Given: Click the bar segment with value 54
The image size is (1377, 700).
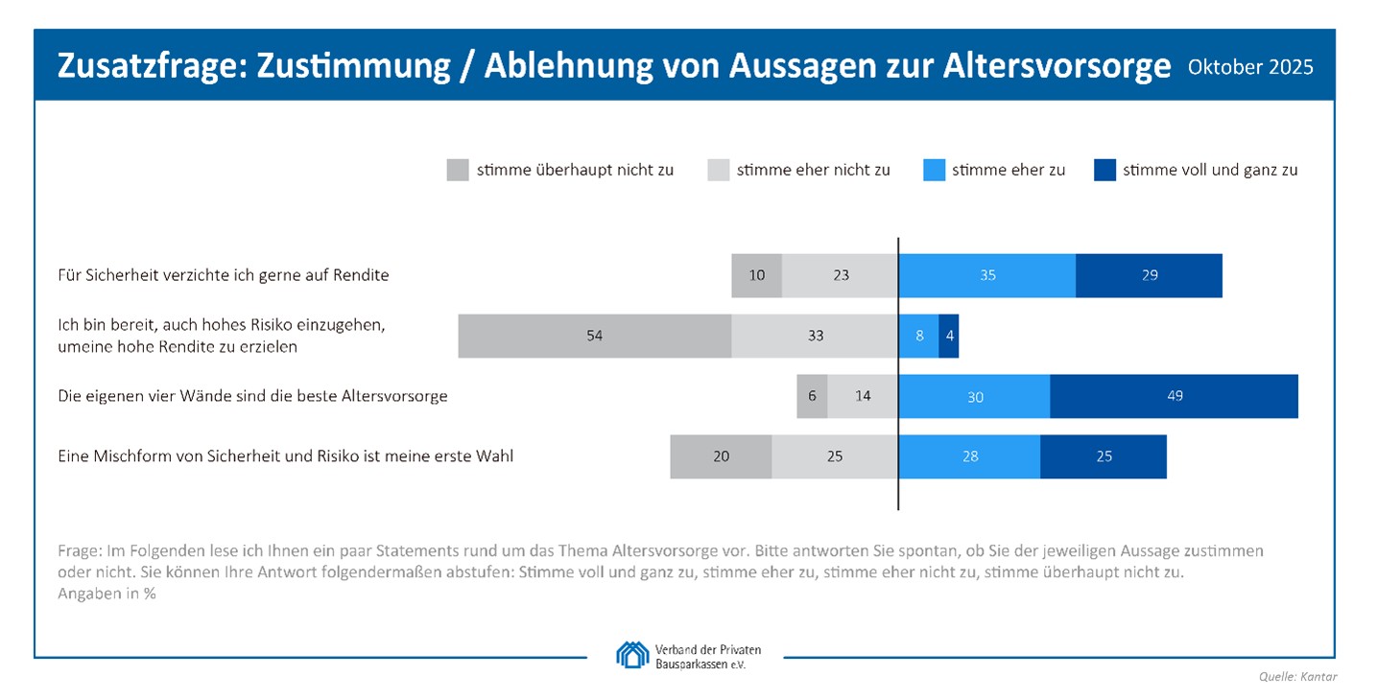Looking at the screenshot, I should point(594,336).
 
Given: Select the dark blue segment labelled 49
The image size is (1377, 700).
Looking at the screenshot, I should point(1174,396).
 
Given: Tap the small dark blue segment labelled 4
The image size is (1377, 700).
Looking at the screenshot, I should point(948,336).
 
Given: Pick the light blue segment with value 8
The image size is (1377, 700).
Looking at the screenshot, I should point(918,336).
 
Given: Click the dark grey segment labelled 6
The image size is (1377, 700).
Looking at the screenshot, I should point(812,396).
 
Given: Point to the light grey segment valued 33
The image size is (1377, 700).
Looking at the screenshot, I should point(815,336).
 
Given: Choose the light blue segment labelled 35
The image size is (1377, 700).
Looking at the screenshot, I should point(986,275).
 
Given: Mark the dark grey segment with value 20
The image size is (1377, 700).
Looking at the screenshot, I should point(721,456).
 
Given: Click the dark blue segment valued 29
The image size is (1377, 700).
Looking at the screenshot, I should point(1149,275).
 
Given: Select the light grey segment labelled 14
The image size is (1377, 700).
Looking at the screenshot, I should point(863,396).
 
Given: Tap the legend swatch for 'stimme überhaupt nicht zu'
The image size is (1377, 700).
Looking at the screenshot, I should point(458,170).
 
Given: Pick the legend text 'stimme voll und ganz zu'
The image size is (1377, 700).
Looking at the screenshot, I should point(1210,170).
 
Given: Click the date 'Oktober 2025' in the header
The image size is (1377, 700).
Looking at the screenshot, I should point(1250,67).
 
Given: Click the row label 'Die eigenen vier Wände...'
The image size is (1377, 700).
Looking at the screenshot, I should point(252,396).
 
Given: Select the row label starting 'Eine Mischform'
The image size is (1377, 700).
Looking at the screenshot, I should point(286,456).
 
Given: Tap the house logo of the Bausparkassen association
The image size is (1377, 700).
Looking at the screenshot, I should point(631,655).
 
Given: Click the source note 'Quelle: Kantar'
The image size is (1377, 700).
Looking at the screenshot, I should point(1297,677).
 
